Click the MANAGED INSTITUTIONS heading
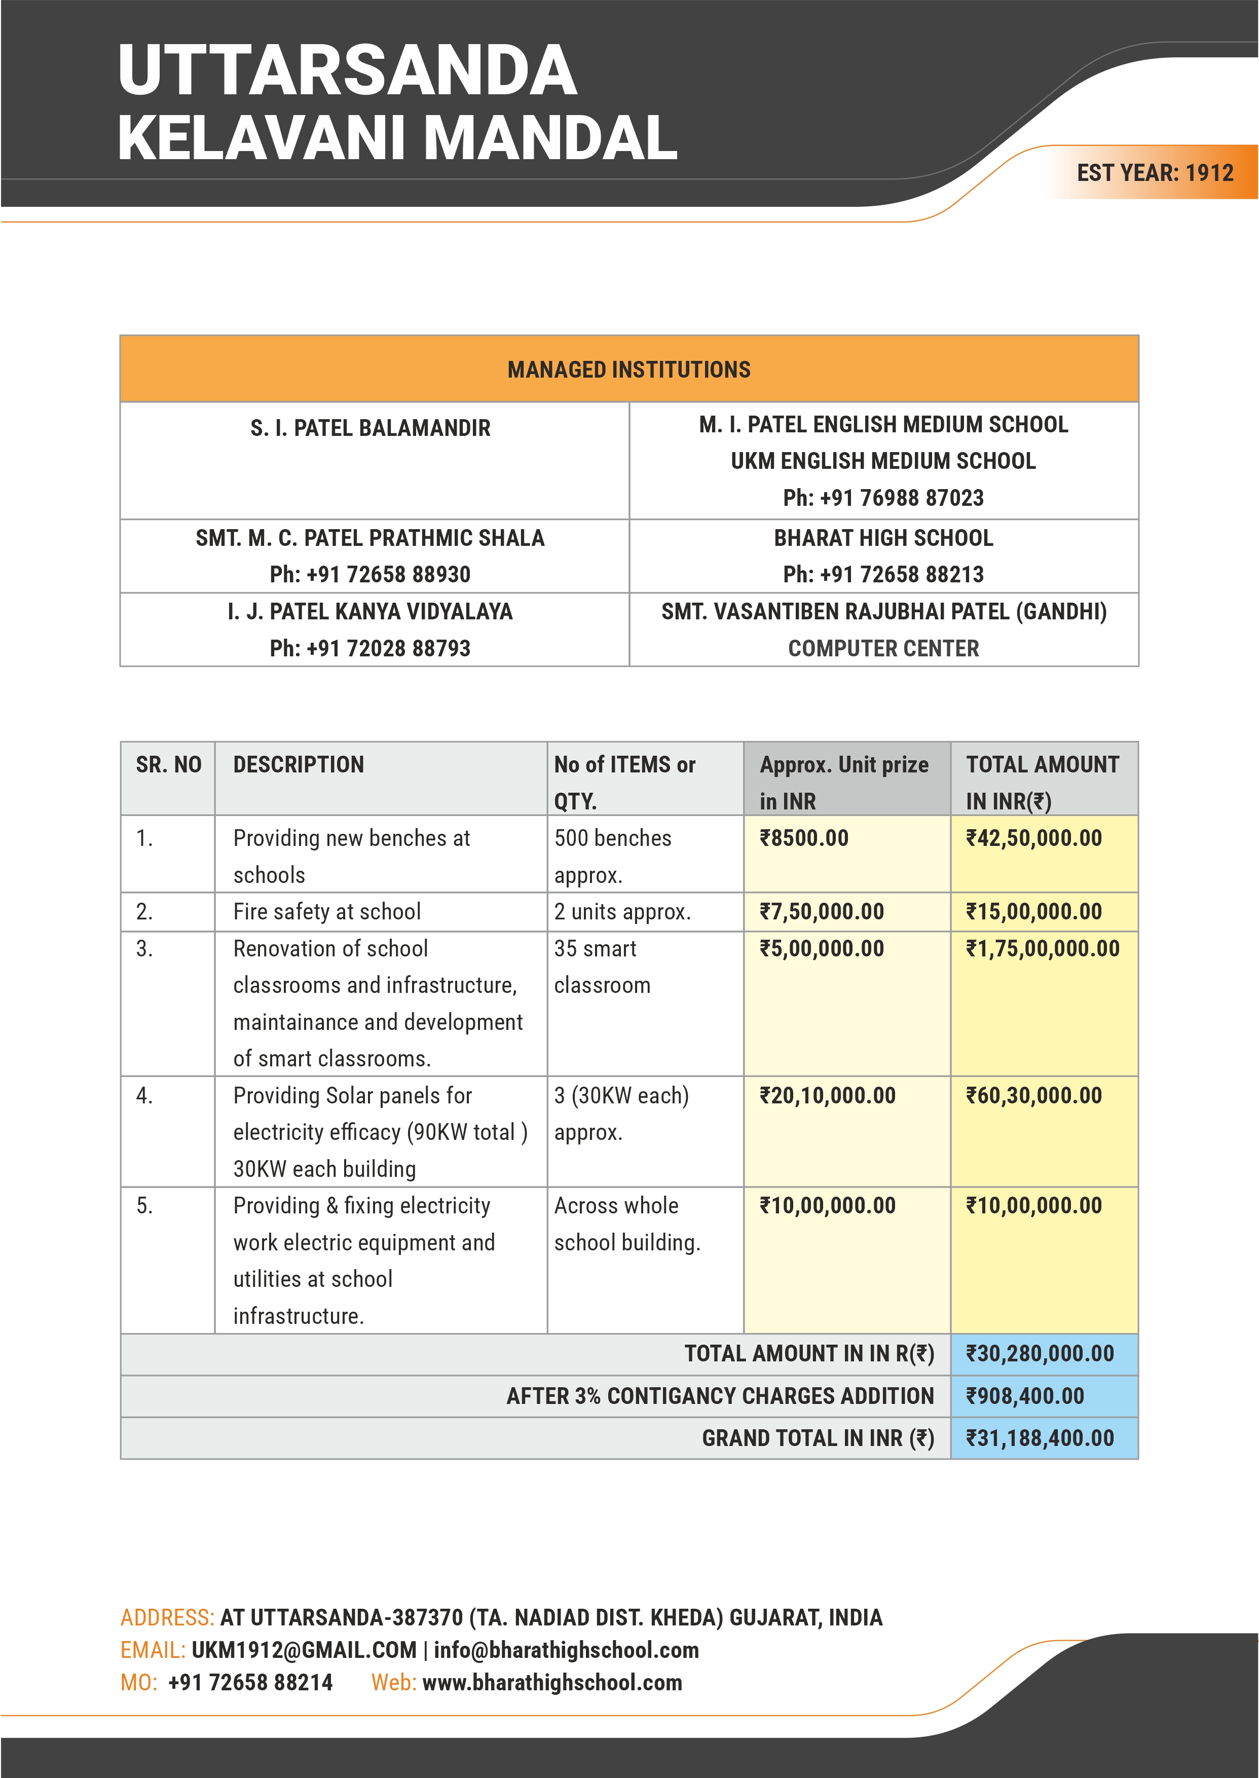[628, 369]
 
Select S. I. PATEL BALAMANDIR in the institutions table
[371, 428]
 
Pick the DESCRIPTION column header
[299, 765]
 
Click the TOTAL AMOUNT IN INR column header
[1042, 782]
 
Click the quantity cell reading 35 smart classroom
[602, 967]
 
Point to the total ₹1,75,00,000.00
[1042, 949]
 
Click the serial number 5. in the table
[144, 1206]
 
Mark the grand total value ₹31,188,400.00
[1039, 1438]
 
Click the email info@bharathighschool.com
[566, 1650]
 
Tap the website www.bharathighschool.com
[552, 1683]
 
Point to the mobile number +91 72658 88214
[250, 1683]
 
